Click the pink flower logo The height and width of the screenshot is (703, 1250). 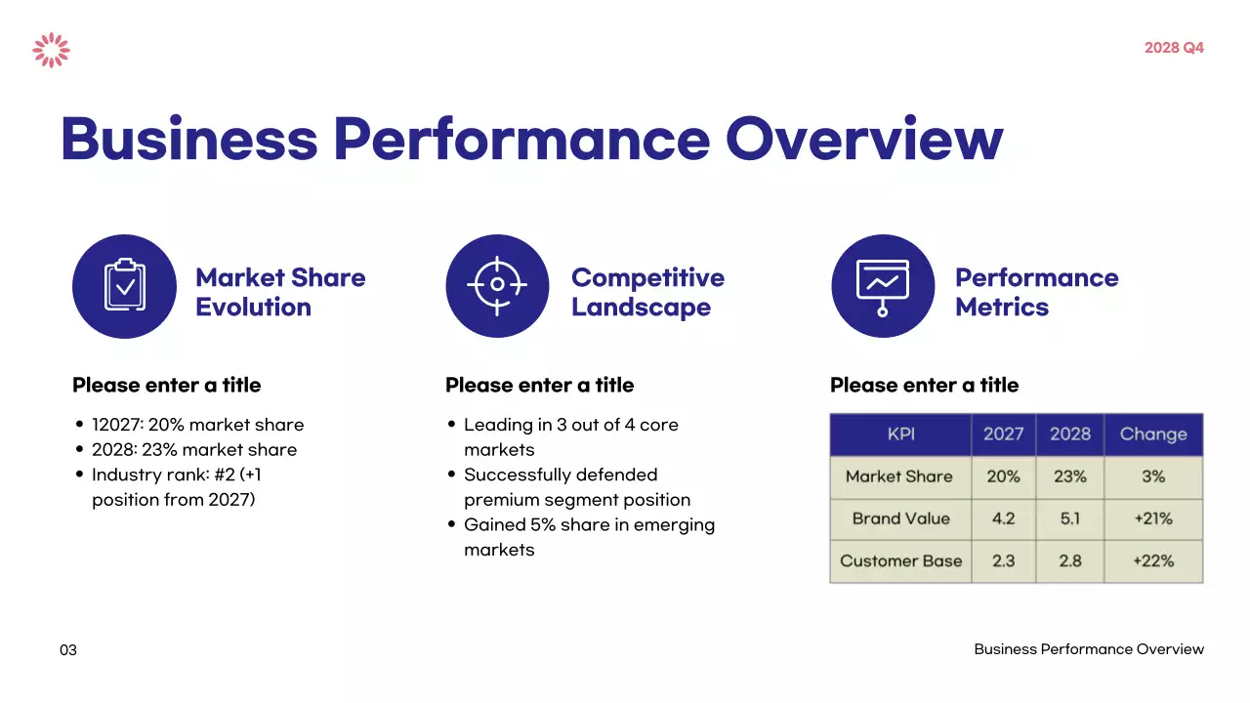(x=51, y=50)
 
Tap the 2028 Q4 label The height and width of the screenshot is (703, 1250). (x=1174, y=48)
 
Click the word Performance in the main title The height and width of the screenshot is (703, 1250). (x=521, y=139)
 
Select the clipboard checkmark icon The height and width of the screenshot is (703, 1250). (x=124, y=286)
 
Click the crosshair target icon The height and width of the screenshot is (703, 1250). (x=497, y=286)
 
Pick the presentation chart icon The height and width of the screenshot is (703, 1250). (x=883, y=286)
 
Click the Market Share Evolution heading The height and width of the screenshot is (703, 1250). (x=280, y=292)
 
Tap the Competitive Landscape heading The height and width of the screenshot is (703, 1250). (x=647, y=292)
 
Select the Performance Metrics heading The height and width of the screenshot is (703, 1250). (x=1036, y=292)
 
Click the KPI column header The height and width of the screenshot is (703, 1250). (x=900, y=434)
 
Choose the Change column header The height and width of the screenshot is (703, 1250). (x=1153, y=434)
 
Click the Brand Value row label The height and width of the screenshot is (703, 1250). (x=900, y=518)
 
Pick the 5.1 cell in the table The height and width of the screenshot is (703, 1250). (x=1070, y=518)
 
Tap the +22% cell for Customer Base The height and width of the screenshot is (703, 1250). (x=1153, y=561)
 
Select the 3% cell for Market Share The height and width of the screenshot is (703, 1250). (x=1153, y=476)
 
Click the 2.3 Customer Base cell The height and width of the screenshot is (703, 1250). (x=1003, y=561)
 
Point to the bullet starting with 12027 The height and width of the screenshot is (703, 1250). (x=197, y=425)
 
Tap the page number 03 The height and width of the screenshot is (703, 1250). (x=68, y=650)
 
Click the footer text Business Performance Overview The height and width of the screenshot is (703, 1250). (x=1089, y=649)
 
